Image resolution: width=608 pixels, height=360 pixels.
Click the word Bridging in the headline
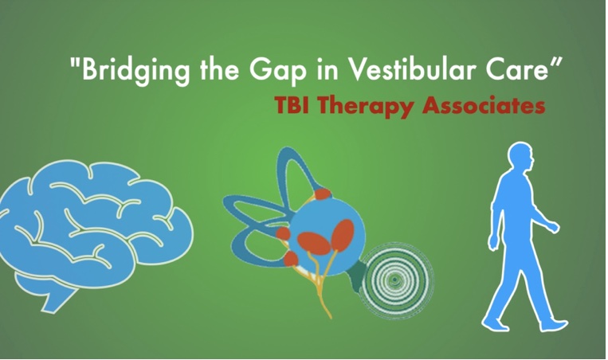(135, 70)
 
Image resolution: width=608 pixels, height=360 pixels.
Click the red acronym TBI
(292, 104)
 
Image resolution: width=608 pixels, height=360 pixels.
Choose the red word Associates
(484, 105)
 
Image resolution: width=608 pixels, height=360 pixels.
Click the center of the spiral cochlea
(394, 280)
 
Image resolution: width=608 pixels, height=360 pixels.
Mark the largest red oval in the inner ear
(314, 243)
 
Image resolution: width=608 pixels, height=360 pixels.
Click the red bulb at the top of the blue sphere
(323, 194)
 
